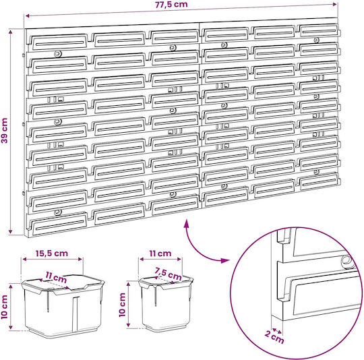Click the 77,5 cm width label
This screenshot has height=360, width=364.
(x=171, y=5)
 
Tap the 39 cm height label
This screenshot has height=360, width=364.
(x=5, y=130)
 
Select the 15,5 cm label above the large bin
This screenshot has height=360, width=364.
(x=52, y=253)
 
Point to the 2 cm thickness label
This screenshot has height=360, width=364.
(x=274, y=336)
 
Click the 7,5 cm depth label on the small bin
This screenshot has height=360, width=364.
(x=169, y=274)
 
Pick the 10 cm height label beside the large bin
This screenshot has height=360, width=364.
(x=5, y=307)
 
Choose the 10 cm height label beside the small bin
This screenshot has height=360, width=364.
(x=122, y=305)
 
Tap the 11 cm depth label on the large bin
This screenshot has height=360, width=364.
(x=56, y=277)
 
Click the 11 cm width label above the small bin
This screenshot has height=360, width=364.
(x=160, y=253)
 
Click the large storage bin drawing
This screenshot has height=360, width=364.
(x=63, y=305)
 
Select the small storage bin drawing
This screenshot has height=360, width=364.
(x=166, y=303)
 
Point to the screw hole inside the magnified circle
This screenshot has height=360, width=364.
(x=346, y=262)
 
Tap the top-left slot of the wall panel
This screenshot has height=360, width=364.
(x=60, y=42)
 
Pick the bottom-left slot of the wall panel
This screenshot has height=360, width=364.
(x=60, y=222)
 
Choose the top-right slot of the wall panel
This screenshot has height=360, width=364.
(x=319, y=30)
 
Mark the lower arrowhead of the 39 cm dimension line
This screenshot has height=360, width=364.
(x=10, y=231)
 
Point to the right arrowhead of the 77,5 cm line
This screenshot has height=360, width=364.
(x=334, y=4)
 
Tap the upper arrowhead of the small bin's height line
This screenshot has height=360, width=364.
(x=128, y=284)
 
